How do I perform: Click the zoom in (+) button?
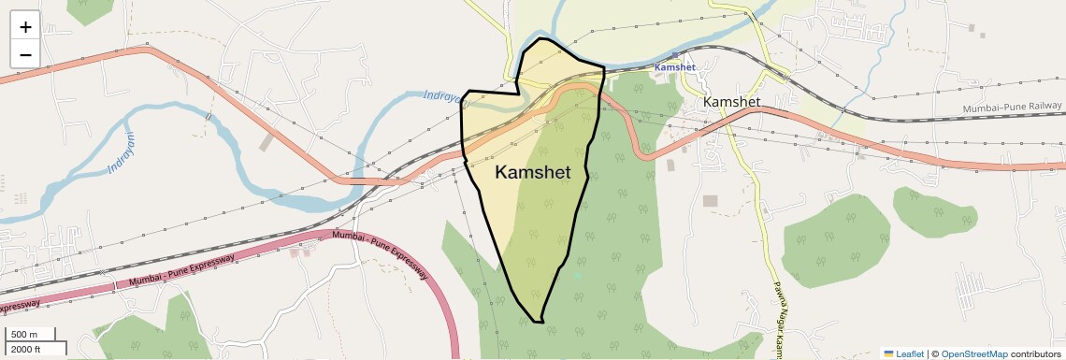(25, 27)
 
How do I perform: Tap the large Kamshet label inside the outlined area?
(532, 172)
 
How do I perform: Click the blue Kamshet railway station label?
(674, 67)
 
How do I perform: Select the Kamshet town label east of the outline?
(732, 101)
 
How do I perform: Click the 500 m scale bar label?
(24, 335)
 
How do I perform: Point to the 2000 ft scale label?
(26, 349)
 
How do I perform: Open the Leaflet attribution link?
(910, 353)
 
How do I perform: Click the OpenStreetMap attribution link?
(973, 353)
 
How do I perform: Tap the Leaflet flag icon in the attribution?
(889, 353)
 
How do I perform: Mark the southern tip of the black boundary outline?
(539, 322)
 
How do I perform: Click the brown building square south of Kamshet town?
(711, 201)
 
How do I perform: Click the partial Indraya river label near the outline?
(442, 96)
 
